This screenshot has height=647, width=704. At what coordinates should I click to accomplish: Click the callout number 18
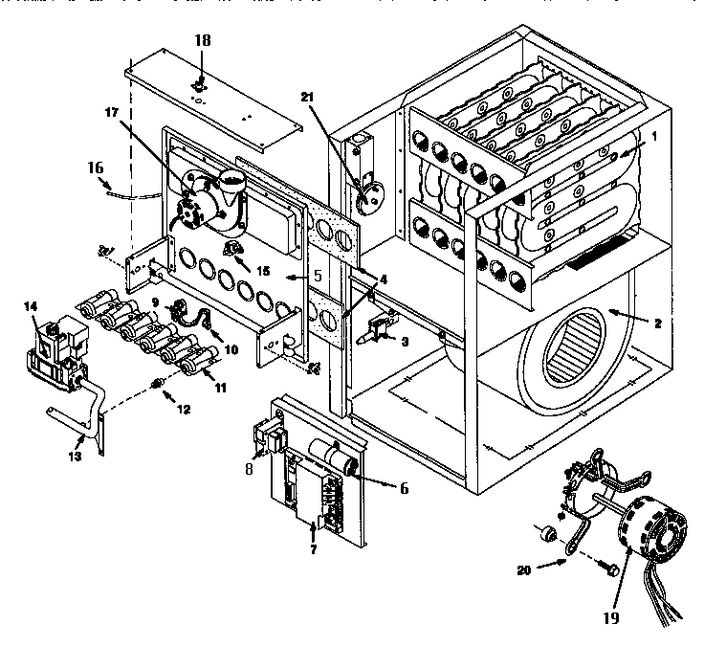[202, 40]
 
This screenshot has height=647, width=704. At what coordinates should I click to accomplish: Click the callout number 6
[403, 487]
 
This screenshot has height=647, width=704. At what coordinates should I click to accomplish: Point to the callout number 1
[654, 137]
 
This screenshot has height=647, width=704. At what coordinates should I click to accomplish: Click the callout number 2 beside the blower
[658, 324]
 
